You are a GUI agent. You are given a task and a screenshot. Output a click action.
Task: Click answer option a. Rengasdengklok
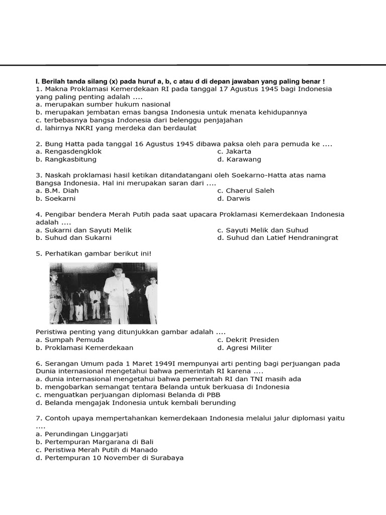click(x=69, y=151)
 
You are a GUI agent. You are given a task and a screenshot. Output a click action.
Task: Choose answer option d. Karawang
click(x=239, y=159)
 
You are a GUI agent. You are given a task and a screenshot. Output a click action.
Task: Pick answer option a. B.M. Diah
click(x=57, y=191)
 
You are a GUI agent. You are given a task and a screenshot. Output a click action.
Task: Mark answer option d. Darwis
click(x=234, y=199)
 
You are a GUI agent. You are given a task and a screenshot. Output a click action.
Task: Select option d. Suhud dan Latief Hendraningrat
click(x=278, y=238)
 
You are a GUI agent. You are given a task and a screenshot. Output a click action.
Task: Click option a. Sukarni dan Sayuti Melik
click(x=83, y=230)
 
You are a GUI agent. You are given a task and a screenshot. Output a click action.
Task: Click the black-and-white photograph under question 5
click(x=104, y=293)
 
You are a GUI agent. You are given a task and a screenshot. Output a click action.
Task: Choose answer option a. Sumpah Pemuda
click(x=70, y=340)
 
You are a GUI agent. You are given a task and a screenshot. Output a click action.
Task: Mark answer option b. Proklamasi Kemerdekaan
click(x=84, y=348)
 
